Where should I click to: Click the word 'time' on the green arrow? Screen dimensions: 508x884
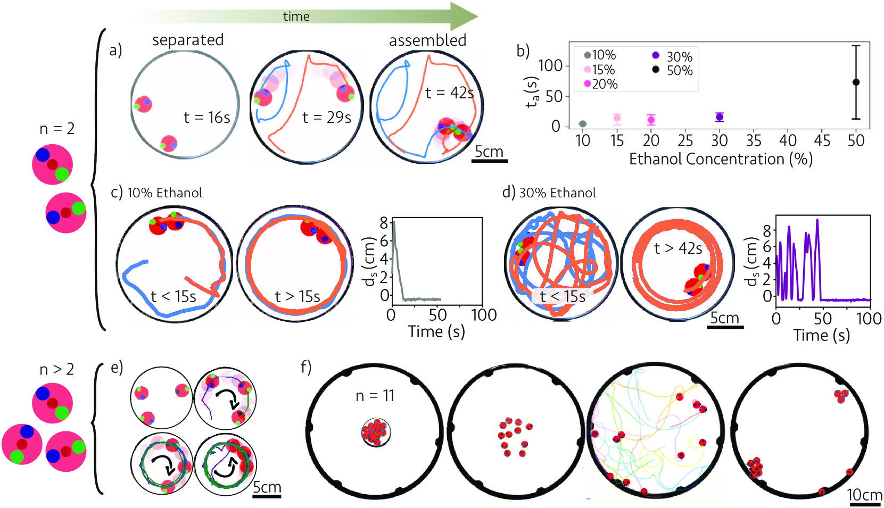[x=296, y=16]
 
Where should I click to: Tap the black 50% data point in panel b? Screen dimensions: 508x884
[x=856, y=82]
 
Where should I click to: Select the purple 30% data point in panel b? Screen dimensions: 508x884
[x=720, y=117]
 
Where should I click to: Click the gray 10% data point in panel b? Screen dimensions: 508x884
[x=583, y=124]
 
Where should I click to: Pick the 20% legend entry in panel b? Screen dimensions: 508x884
[x=601, y=84]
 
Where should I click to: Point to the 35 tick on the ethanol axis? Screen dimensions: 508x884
[x=754, y=140]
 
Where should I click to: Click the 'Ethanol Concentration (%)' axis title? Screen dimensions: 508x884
[x=721, y=159]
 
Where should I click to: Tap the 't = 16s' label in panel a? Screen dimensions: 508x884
[x=206, y=117]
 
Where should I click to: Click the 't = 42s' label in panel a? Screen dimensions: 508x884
[x=449, y=93]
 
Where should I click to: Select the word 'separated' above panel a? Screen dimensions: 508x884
[x=188, y=40]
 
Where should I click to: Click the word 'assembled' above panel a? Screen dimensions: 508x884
[x=427, y=40]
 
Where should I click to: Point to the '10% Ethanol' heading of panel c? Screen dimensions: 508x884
[x=164, y=193]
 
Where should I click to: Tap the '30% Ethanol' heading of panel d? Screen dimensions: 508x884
[x=557, y=193]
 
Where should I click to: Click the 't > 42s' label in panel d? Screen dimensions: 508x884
[x=678, y=248]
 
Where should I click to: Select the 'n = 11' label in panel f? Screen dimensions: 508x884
[x=375, y=395]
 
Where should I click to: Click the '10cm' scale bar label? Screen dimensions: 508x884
[x=864, y=495]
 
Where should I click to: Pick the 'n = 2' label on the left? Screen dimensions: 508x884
[x=57, y=129]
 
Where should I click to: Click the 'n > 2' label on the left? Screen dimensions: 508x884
[x=57, y=369]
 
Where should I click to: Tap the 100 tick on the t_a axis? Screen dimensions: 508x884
[x=550, y=66]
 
